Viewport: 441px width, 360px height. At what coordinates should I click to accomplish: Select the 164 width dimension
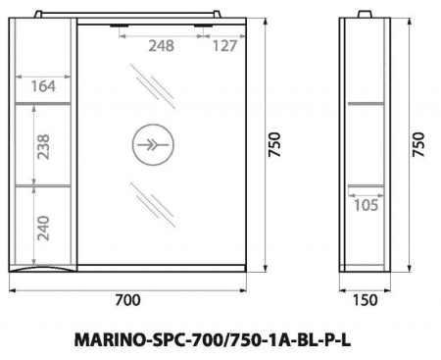coord(42,86)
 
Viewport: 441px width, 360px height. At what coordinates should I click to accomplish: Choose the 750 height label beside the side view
coord(418,144)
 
